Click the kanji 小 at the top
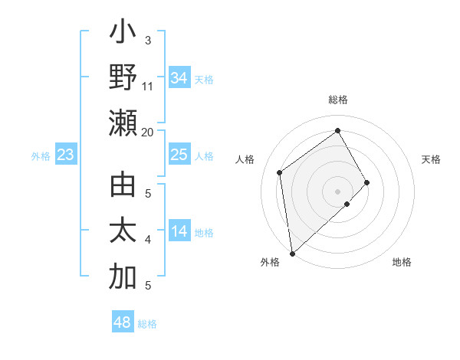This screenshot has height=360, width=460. pyautogui.click(x=123, y=35)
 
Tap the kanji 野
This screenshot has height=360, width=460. pyautogui.click(x=123, y=79)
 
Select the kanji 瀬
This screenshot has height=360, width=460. pyautogui.click(x=123, y=123)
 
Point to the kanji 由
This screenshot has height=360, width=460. pyautogui.click(x=123, y=187)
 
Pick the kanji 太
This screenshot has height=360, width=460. pyautogui.click(x=123, y=231)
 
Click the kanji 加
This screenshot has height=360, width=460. pyautogui.click(x=123, y=277)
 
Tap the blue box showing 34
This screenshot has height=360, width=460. pyautogui.click(x=179, y=78)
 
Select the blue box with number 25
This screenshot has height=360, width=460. pyautogui.click(x=179, y=155)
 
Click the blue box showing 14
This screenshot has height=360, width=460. pyautogui.click(x=179, y=231)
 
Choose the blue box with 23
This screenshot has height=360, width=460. pyautogui.click(x=65, y=155)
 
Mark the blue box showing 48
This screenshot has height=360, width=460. pyautogui.click(x=122, y=322)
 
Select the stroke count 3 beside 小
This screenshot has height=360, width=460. pyautogui.click(x=148, y=40)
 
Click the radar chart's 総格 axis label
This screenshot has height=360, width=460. pyautogui.click(x=338, y=100)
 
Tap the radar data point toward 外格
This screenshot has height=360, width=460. pyautogui.click(x=292, y=253)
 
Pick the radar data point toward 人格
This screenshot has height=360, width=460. pyautogui.click(x=280, y=172)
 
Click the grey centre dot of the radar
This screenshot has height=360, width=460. pyautogui.click(x=338, y=191)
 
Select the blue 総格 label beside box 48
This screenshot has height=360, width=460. pyautogui.click(x=147, y=324)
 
